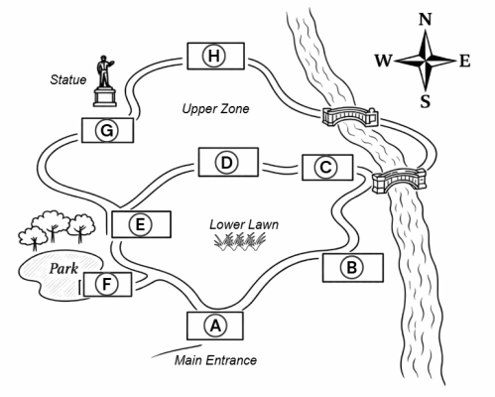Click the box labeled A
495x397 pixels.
[x=215, y=326]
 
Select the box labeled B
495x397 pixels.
[x=353, y=268]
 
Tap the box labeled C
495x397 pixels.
[x=327, y=168]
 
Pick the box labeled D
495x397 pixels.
[x=228, y=162]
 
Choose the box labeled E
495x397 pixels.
[x=141, y=224]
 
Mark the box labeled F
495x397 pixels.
[x=108, y=284]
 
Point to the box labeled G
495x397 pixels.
[x=107, y=130]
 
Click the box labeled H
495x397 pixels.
[x=215, y=56]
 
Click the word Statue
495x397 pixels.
[x=68, y=79]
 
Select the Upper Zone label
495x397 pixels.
[x=215, y=109]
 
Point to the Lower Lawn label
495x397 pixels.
[x=244, y=224]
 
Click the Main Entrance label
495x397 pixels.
[x=215, y=360]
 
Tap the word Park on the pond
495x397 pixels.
[x=63, y=269]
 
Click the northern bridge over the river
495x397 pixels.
[x=350, y=116]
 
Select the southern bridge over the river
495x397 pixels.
[x=399, y=181]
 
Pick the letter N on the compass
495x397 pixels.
[x=426, y=20]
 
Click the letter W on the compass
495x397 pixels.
[x=383, y=61]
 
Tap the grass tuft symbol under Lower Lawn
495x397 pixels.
[x=240, y=241]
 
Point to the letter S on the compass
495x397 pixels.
[x=426, y=101]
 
